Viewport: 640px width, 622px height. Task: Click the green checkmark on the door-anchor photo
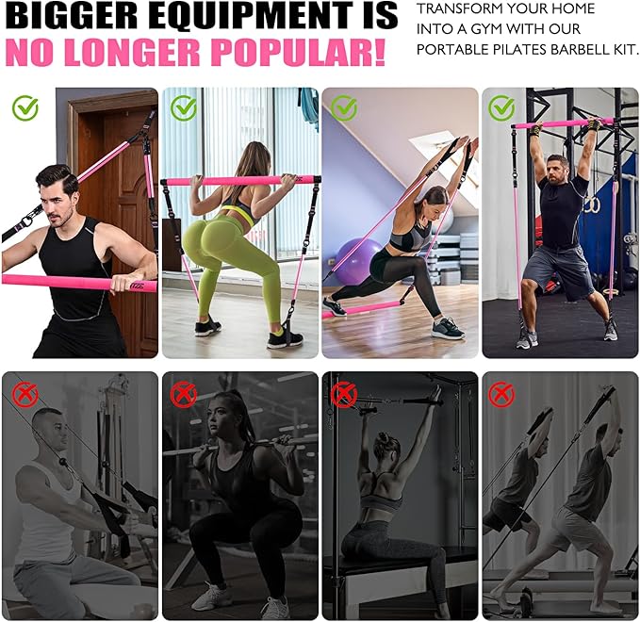(25, 107)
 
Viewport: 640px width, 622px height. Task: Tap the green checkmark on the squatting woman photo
(185, 108)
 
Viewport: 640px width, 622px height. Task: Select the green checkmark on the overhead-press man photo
(501, 108)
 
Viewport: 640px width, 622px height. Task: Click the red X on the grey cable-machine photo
(25, 394)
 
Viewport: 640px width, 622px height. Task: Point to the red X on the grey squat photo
(183, 394)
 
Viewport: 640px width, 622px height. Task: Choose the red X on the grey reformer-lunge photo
(501, 394)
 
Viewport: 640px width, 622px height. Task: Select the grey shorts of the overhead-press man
(559, 270)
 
